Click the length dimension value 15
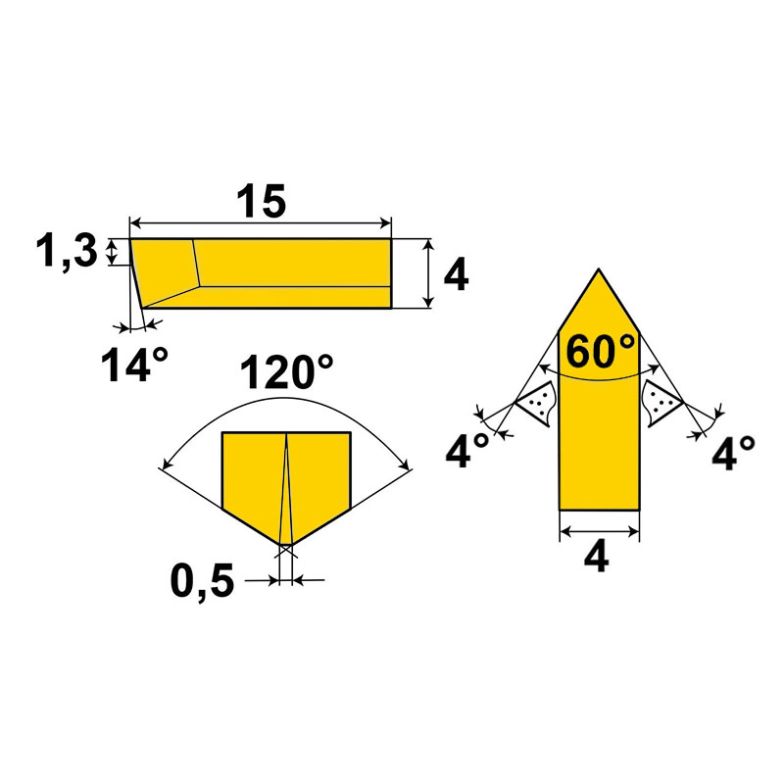pyautogui.click(x=261, y=201)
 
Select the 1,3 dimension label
pyautogui.click(x=67, y=252)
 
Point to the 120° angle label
pyautogui.click(x=286, y=371)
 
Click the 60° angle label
pyautogui.click(x=600, y=351)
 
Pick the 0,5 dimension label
pyautogui.click(x=202, y=582)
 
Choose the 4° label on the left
pyautogui.click(x=467, y=451)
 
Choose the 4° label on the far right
pyautogui.click(x=733, y=453)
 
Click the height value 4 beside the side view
pyautogui.click(x=456, y=274)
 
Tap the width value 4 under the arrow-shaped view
pyautogui.click(x=596, y=557)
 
